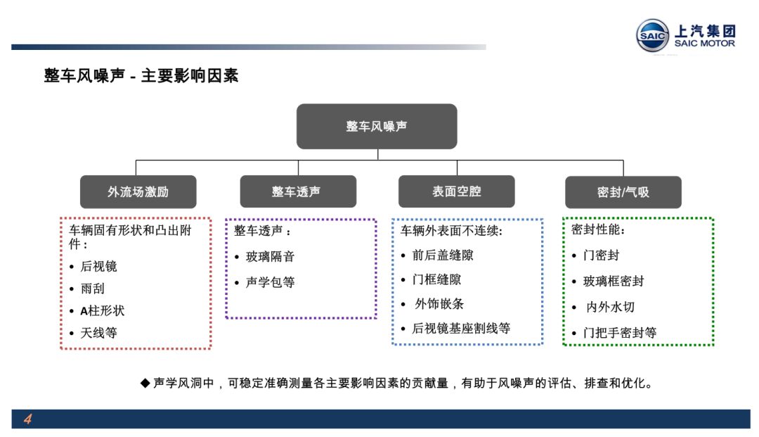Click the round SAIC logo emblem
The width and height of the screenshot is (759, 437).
(x=652, y=35)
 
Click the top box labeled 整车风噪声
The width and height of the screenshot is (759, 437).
(x=377, y=126)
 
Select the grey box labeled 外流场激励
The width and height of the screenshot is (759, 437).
(x=138, y=192)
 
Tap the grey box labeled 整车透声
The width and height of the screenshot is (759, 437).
(x=298, y=191)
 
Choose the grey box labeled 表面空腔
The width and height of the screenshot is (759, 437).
(x=457, y=191)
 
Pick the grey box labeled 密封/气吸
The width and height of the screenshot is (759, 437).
(x=623, y=192)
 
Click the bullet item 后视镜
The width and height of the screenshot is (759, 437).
(x=99, y=266)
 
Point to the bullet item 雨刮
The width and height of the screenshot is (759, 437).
(x=93, y=289)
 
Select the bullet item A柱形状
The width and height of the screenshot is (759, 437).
(x=102, y=310)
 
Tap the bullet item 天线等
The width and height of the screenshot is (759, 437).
(x=99, y=333)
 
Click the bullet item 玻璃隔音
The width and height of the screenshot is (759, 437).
(x=270, y=256)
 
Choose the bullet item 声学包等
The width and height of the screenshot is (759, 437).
(x=270, y=282)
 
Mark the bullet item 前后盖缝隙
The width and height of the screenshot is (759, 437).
(x=443, y=255)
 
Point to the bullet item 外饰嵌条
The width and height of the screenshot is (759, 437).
(x=439, y=304)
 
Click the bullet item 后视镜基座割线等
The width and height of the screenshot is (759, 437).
(x=461, y=329)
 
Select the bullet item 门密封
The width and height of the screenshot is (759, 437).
(x=601, y=255)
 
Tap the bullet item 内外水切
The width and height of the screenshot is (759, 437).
(x=610, y=307)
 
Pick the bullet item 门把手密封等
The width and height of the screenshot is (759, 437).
(x=620, y=333)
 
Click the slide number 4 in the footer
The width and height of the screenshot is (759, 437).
(x=27, y=419)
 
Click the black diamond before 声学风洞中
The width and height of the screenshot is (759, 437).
(x=145, y=384)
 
